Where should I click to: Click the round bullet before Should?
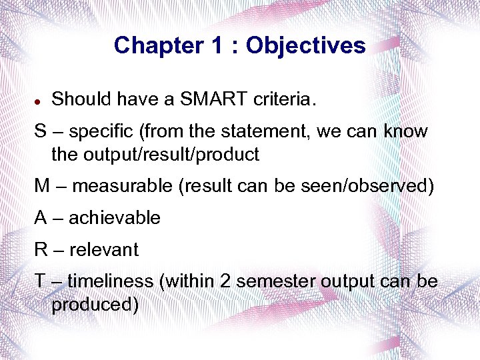click(x=39, y=101)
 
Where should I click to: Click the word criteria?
click(x=282, y=99)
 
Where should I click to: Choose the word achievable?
click(x=115, y=218)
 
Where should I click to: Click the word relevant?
click(x=104, y=250)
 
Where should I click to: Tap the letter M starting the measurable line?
click(x=42, y=186)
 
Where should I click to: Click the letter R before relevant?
click(x=41, y=250)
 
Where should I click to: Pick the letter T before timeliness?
click(x=40, y=281)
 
